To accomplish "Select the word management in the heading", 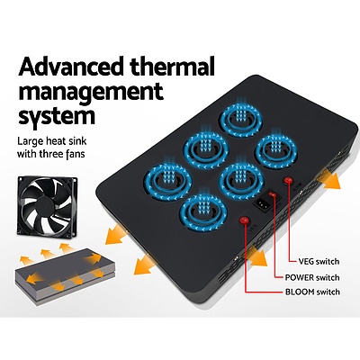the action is (x=91, y=92).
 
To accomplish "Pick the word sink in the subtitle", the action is (x=76, y=140).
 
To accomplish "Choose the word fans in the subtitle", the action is (x=75, y=154).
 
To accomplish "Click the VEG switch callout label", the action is (x=319, y=262).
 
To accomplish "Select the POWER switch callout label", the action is (x=312, y=277).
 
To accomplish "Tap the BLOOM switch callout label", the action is (x=312, y=292).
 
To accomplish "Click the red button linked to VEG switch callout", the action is (x=289, y=180).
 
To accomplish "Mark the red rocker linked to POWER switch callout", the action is (x=272, y=196).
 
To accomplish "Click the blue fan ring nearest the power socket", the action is (x=241, y=181).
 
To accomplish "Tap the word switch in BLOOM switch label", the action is (x=327, y=292).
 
